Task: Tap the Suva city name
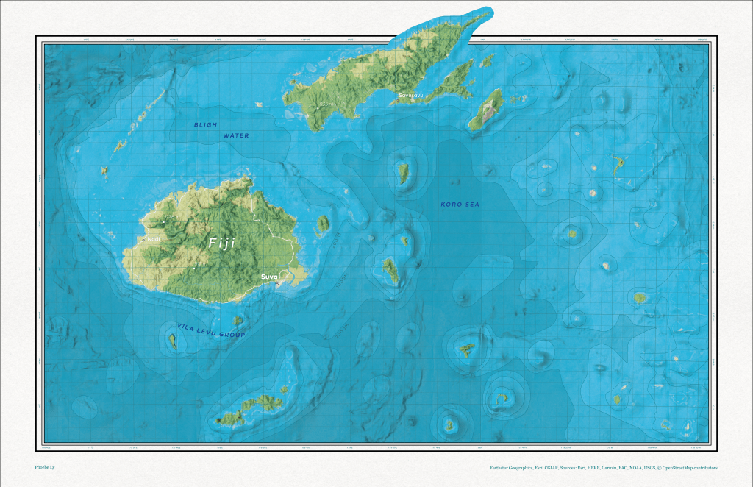269,277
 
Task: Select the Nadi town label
154,239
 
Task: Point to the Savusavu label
410,96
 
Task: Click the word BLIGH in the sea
206,125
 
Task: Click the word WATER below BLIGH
236,135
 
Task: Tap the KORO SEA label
460,204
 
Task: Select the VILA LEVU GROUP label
210,330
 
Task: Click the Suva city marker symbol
277,283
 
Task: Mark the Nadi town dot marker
143,239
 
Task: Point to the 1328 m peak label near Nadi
168,218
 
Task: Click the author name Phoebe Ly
45,467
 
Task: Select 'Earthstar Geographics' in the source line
516,467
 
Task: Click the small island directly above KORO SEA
404,174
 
